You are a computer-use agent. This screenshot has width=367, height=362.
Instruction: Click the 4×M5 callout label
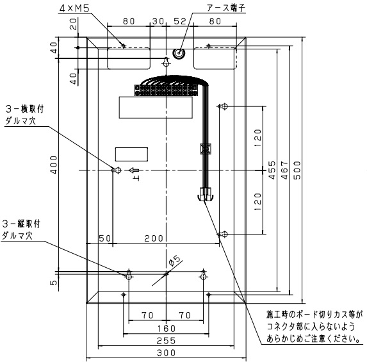(x=74, y=9)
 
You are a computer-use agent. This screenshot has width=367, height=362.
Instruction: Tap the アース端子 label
(x=226, y=8)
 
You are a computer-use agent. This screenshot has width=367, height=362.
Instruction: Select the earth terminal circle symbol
(x=179, y=53)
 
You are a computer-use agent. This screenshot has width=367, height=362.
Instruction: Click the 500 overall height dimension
(x=297, y=170)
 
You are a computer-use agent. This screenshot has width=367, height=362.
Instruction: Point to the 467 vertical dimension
(x=284, y=170)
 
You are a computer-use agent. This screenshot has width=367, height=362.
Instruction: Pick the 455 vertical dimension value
(x=272, y=170)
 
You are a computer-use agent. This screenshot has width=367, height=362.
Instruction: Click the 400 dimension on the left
(x=54, y=165)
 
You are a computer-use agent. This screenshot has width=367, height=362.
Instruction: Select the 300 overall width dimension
(x=166, y=352)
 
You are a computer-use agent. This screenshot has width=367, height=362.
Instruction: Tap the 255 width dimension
(x=166, y=341)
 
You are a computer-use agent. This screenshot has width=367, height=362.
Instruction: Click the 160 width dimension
(x=166, y=329)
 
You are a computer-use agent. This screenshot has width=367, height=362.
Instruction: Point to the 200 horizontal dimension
(x=154, y=238)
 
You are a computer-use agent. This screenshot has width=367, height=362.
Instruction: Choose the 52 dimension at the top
(x=180, y=21)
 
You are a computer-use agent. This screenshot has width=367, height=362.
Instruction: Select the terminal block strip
(x=166, y=90)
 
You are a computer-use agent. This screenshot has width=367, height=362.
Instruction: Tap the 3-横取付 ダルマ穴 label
(x=24, y=115)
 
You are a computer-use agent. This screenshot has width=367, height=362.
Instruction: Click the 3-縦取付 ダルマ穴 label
(x=21, y=230)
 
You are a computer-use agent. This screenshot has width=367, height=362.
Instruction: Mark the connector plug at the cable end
(x=205, y=194)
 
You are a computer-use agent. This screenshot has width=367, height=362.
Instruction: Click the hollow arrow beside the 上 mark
(x=134, y=170)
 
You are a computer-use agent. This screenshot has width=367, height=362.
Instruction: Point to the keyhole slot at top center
(x=166, y=62)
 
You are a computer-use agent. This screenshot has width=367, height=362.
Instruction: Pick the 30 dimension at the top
(x=158, y=21)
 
